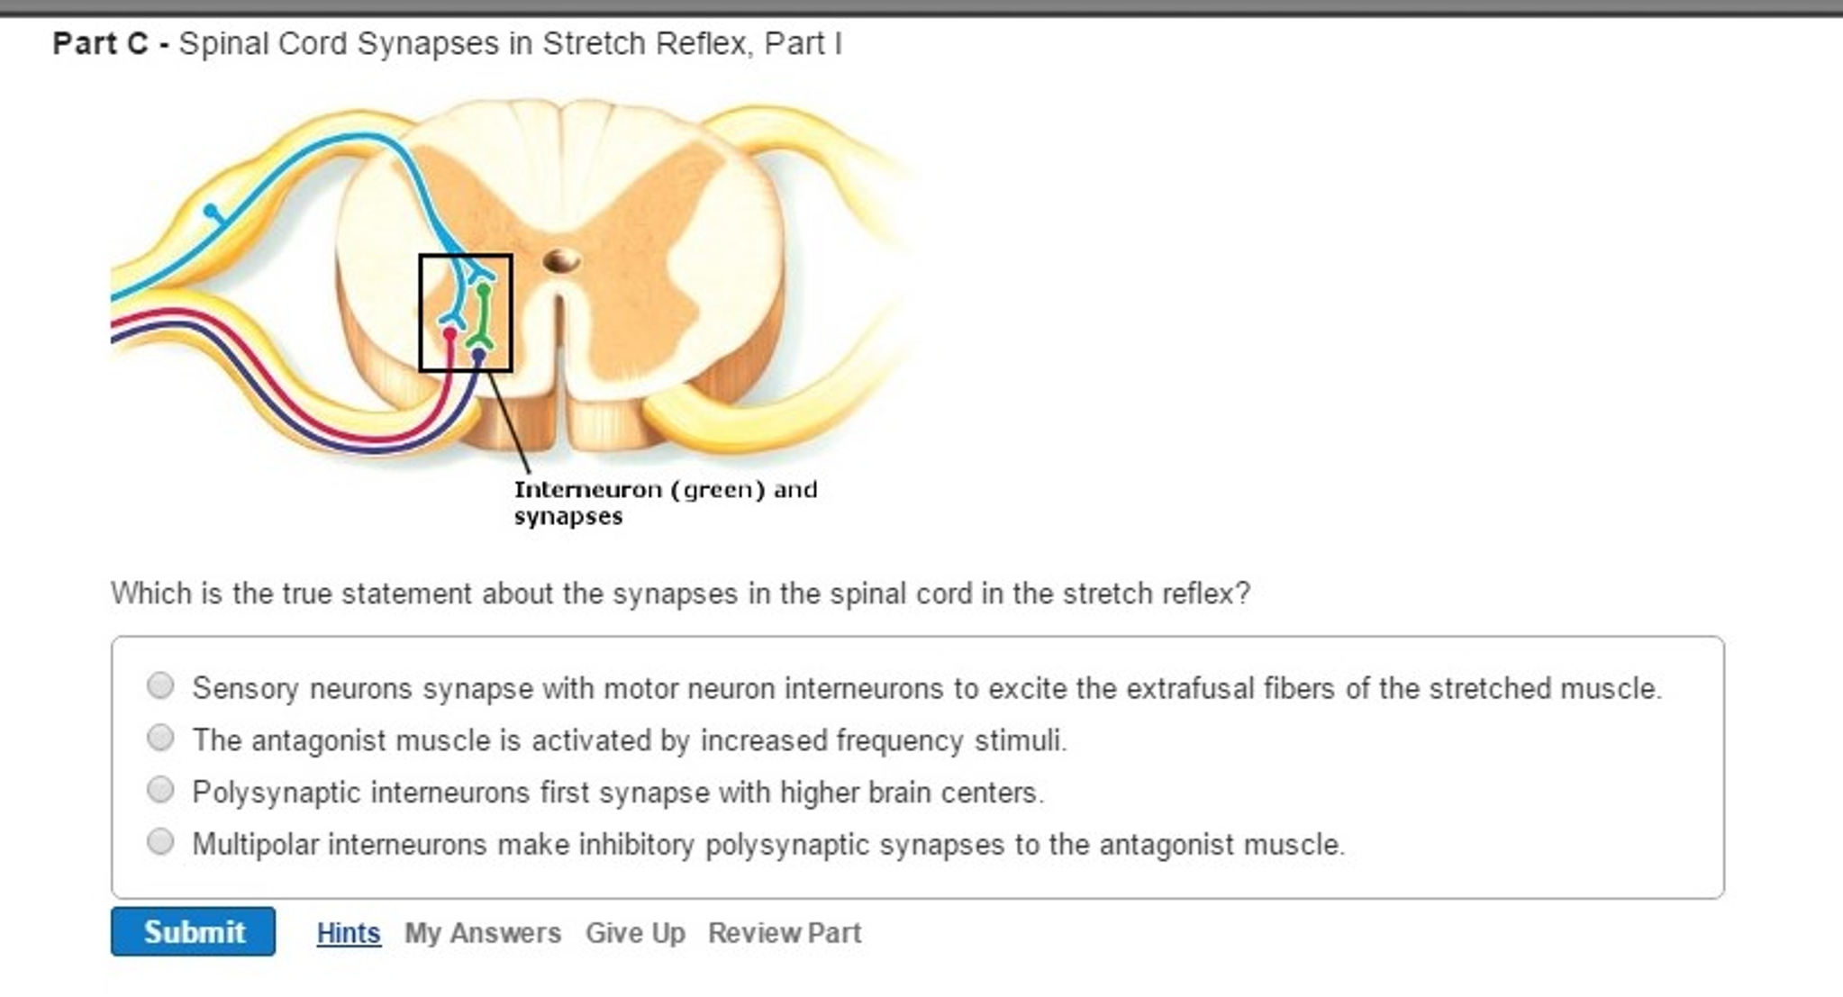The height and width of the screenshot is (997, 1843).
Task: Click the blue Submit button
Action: pyautogui.click(x=193, y=931)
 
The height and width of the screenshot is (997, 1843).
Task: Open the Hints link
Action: pyautogui.click(x=348, y=933)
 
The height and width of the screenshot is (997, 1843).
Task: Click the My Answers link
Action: pyautogui.click(x=482, y=933)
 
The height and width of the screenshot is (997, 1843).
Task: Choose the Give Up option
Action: pyautogui.click(x=635, y=933)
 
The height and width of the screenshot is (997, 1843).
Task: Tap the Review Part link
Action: pyautogui.click(x=785, y=933)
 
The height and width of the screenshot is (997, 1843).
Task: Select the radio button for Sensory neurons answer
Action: pyautogui.click(x=160, y=686)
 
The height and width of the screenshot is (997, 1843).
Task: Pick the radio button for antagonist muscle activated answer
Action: pyautogui.click(x=160, y=739)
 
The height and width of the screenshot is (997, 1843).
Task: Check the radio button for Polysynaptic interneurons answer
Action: pyautogui.click(x=160, y=790)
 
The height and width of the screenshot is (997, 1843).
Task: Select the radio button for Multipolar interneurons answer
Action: pyautogui.click(x=160, y=842)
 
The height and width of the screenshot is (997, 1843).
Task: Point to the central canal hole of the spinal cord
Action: pyautogui.click(x=561, y=261)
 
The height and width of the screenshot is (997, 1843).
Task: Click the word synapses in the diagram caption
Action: pyautogui.click(x=567, y=517)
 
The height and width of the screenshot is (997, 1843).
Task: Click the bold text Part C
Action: pyautogui.click(x=100, y=43)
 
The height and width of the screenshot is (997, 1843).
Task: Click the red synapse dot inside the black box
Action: pyautogui.click(x=450, y=334)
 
